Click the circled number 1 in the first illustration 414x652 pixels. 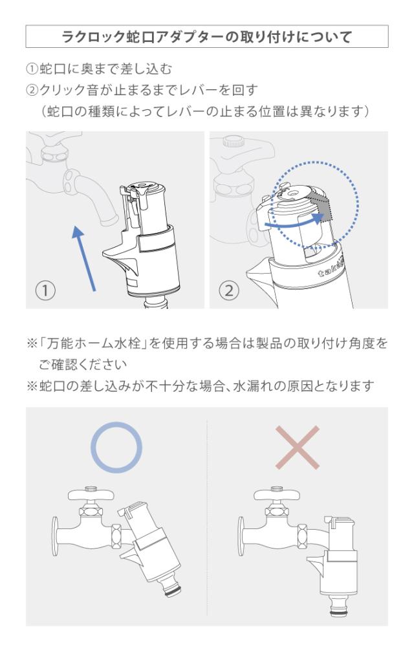pos(45,290)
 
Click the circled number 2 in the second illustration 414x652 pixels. pos(228,290)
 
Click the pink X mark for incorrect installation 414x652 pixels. pos(297,448)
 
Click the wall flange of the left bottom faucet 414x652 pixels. pos(55,536)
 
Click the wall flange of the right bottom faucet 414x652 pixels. pos(241,536)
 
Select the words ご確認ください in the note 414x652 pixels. pos(82,365)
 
